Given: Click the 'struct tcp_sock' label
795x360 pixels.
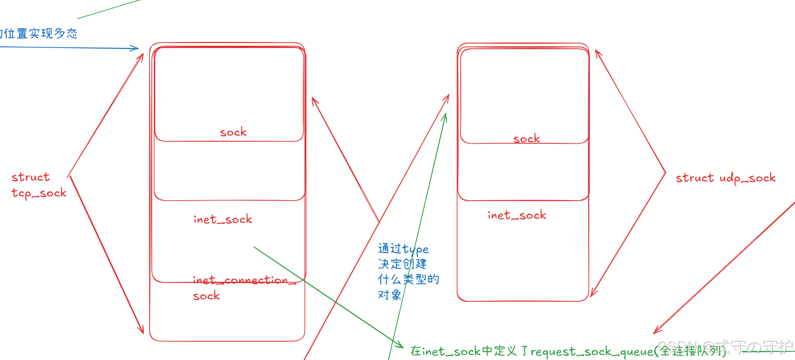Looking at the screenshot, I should pos(38,185).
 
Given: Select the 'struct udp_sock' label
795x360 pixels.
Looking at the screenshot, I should pos(725,178).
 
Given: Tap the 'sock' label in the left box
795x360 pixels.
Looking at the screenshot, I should pos(233,133).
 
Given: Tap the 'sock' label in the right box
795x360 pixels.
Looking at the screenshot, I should pos(526,139).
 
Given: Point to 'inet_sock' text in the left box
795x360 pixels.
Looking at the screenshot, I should pos(223,219).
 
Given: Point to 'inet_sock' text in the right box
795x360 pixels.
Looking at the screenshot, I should pos(517,215).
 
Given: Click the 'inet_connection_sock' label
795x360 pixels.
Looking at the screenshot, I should pos(244,287).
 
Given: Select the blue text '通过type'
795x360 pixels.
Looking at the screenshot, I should pos(403,249).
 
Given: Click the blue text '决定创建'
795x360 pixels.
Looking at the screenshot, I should pos(402,264).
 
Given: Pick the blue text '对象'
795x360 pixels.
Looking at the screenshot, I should pos(389,295).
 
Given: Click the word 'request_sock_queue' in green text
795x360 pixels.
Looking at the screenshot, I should pos(592,352).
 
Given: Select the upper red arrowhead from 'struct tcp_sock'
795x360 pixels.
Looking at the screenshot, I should pos(142,56).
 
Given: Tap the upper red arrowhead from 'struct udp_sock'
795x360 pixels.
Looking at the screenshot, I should pos(597,52).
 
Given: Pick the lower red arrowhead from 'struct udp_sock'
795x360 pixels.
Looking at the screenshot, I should pos(592,294).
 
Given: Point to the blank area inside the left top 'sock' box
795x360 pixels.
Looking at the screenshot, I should pos(229,88).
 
